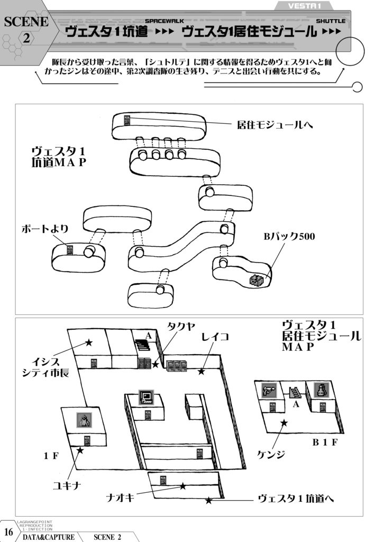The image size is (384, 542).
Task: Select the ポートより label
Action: pyautogui.click(x=44, y=229)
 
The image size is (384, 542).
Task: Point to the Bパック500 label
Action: pyautogui.click(x=289, y=237)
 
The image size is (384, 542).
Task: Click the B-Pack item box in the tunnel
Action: pyautogui.click(x=257, y=280)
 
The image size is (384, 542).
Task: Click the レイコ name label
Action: pyautogui.click(x=215, y=337)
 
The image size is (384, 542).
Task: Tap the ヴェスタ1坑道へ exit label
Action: pyautogui.click(x=296, y=499)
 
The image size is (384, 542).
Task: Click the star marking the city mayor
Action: pyautogui.click(x=89, y=343)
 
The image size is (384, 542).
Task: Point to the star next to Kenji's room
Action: pyautogui.click(x=284, y=422)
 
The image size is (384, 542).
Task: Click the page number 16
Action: pyautogui.click(x=8, y=531)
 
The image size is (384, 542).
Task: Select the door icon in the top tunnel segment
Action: pyautogui.click(x=127, y=120)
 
